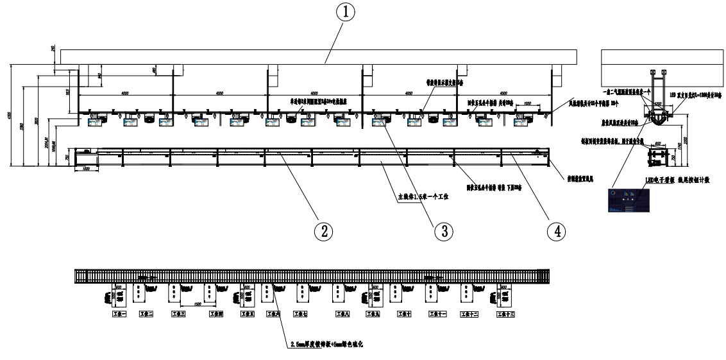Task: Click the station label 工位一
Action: tap(119, 314)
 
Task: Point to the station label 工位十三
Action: tap(505, 314)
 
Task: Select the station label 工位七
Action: tap(300, 314)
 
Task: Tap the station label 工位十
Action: tap(403, 314)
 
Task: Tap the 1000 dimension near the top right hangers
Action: tap(526, 103)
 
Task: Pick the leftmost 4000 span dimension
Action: tap(124, 94)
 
